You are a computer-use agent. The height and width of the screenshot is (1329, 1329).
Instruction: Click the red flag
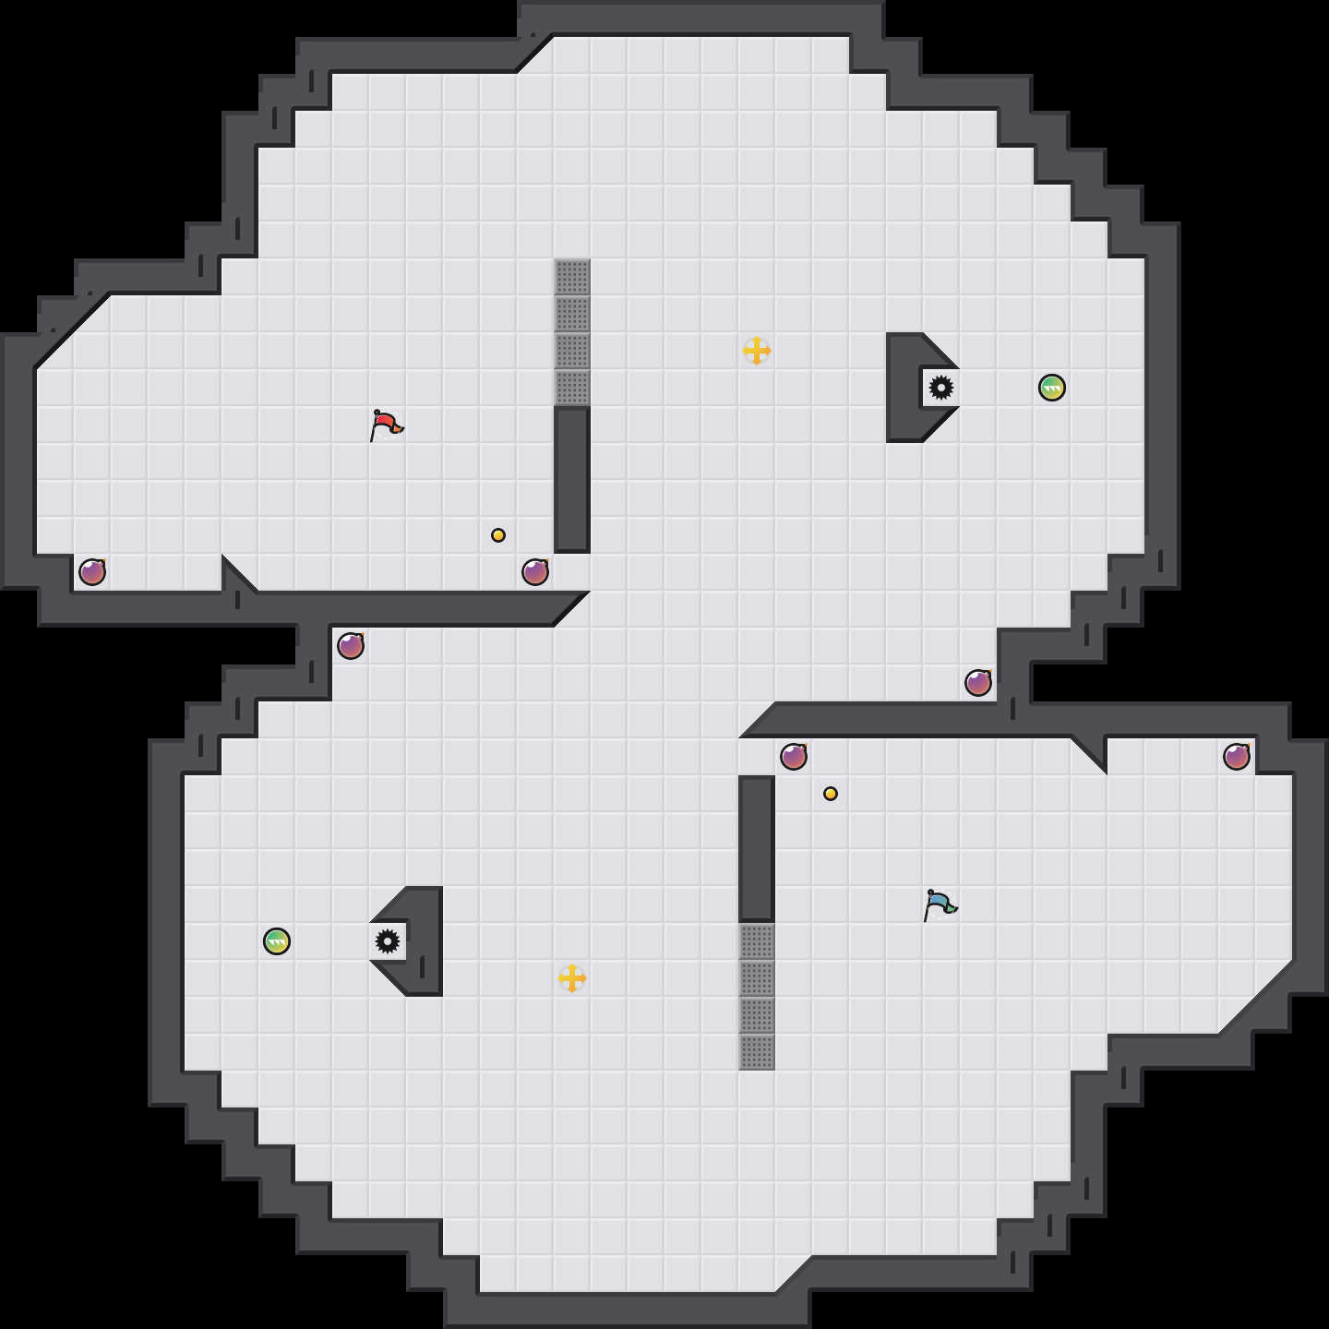386,425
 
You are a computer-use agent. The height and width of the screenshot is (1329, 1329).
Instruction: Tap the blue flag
940,904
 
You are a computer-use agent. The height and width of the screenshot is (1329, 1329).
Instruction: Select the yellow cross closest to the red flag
757,351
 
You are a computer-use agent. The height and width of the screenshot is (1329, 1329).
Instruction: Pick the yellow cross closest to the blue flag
572,978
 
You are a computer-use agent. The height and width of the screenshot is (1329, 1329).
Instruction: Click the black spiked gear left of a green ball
941,388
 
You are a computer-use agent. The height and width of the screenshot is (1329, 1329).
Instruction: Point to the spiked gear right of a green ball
388,941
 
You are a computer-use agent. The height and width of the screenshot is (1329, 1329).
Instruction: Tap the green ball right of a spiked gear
1052,388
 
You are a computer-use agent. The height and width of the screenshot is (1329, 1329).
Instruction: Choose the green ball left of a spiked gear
277,941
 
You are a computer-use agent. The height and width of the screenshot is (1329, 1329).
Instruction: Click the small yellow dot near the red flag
498,535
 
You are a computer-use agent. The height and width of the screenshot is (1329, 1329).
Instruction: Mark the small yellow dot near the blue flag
831,794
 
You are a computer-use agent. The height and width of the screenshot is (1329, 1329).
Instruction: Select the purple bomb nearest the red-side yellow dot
535,572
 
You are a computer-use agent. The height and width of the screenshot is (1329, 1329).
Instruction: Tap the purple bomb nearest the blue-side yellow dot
794,757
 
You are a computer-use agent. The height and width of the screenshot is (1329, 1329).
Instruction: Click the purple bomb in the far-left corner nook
92,572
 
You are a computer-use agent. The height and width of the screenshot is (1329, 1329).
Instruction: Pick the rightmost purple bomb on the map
1237,757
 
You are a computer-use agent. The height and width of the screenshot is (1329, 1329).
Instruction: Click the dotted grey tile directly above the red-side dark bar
572,388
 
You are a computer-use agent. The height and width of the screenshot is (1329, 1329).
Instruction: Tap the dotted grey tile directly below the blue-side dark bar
757,941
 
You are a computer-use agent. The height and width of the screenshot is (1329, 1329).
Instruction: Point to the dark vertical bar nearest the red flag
572,480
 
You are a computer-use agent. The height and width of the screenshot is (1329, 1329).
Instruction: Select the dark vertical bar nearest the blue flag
757,849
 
